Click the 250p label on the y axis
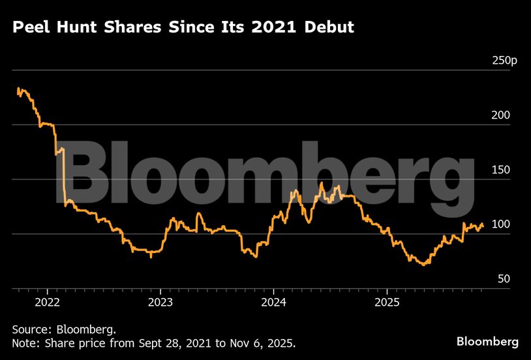tap(504, 61)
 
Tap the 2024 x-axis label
tap(273, 302)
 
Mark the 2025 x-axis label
tap(386, 302)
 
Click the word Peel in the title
tap(31, 28)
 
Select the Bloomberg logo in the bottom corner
tap(487, 342)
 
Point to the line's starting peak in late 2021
tap(19, 89)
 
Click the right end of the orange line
tap(483, 226)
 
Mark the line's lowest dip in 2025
tap(424, 264)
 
